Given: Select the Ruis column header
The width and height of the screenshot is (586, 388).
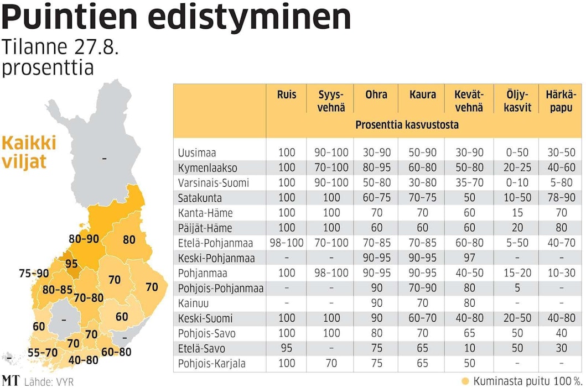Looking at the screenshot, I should coord(287,95).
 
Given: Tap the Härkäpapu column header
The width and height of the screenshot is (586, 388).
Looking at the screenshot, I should coord(561,101).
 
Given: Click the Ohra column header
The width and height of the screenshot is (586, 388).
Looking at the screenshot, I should coord(376,95).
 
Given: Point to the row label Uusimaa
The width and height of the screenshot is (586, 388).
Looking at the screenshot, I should coord(197,153).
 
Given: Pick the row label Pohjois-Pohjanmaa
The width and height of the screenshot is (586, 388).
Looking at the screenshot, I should coord(220,289).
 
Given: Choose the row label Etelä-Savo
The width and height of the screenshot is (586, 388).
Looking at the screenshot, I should coord(201,349).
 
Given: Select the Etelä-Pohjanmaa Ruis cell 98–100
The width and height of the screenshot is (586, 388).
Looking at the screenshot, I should coord(287,243).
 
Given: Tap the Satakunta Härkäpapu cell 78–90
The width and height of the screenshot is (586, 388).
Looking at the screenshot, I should coord(561,198).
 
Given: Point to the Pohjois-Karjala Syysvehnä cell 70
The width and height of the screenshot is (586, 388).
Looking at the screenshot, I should coord(331,364).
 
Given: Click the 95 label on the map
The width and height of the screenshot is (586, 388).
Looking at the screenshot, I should coord(71,264).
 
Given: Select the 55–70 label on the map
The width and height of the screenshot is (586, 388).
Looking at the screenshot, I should coord(43,352).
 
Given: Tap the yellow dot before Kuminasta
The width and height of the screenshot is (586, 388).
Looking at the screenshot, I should coord(465,381).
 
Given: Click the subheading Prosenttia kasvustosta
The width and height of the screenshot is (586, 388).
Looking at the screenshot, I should coord(407,125).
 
